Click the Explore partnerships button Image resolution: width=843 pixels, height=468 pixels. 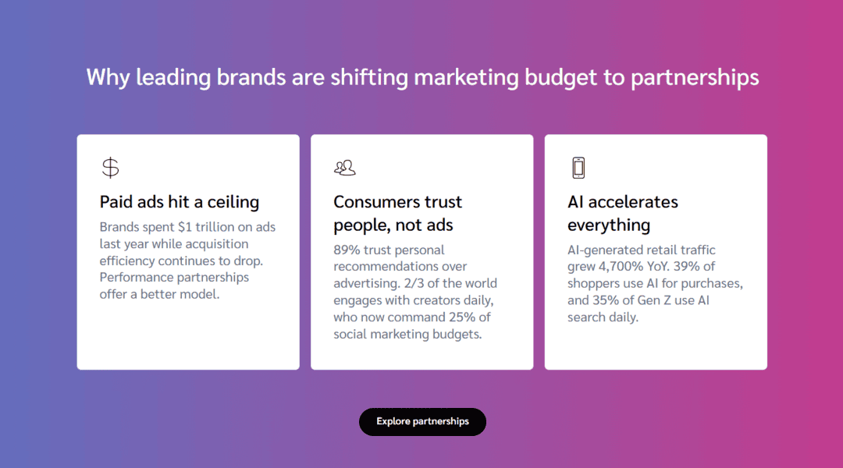point(422,422)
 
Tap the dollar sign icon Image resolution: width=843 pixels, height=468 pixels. point(111,168)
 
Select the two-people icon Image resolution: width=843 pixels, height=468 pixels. point(345,168)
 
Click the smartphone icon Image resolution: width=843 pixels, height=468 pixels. point(578,168)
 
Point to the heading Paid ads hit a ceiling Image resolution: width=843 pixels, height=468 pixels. point(180,202)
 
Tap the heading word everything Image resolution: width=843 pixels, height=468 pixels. point(609,225)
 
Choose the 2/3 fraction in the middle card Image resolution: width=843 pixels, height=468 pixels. point(411,283)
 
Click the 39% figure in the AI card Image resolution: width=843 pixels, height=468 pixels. point(687,267)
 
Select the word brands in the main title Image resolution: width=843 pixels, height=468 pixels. point(251,77)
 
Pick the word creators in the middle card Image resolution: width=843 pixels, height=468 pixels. point(440,300)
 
